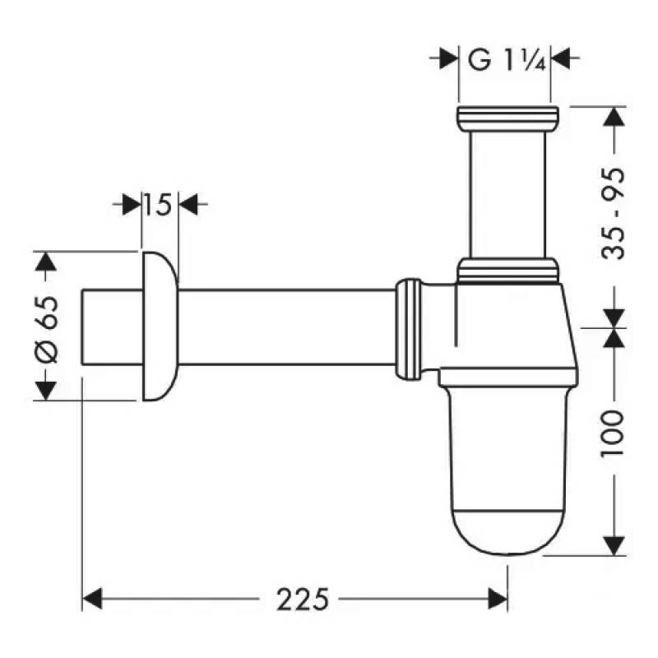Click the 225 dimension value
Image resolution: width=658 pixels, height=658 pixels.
point(297,600)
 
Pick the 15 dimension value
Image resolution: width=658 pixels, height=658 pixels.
point(160,203)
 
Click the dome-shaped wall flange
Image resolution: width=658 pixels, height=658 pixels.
point(160,327)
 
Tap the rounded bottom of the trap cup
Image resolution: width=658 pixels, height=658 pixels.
point(506,526)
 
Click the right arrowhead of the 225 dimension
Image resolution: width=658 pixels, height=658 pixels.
point(497,600)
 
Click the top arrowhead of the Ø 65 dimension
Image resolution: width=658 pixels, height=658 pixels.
point(47,262)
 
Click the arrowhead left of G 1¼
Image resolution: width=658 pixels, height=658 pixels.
point(448,59)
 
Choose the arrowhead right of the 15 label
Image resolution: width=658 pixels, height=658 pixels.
point(188,203)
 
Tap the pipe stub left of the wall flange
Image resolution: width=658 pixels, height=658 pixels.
point(111,327)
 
